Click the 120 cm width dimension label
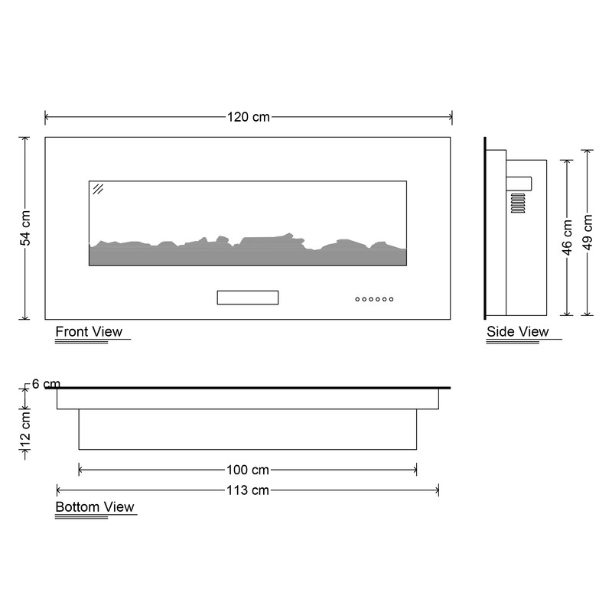[x=248, y=117]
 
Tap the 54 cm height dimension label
[x=25, y=228]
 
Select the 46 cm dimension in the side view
[x=567, y=237]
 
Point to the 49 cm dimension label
[x=588, y=233]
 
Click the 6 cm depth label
[x=46, y=384]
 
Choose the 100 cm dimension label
[x=248, y=470]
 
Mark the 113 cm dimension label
[x=248, y=490]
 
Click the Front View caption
[x=89, y=332]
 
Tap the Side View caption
[x=518, y=332]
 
